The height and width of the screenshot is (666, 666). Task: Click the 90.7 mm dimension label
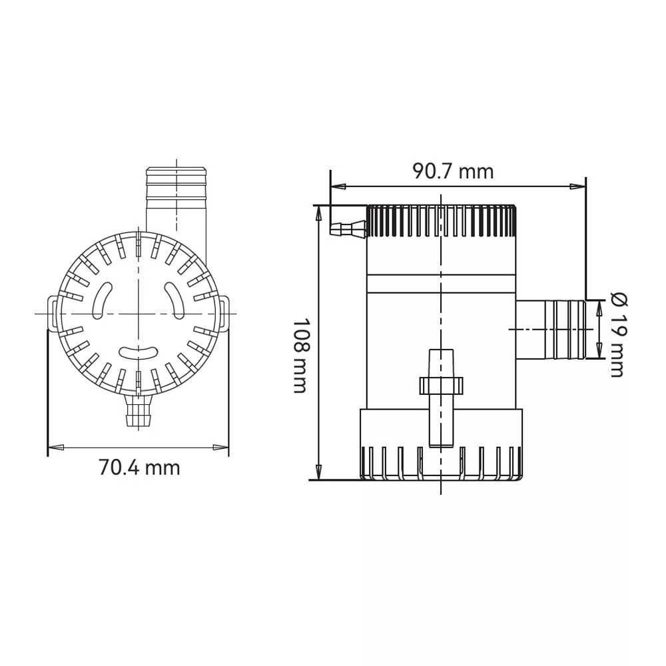453,172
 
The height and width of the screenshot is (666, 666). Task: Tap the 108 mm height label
302,356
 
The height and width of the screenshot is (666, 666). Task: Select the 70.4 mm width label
139,468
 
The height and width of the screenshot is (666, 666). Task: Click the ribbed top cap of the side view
442,221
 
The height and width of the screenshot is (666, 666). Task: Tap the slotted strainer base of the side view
442,445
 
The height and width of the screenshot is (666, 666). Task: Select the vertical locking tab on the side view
442,398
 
